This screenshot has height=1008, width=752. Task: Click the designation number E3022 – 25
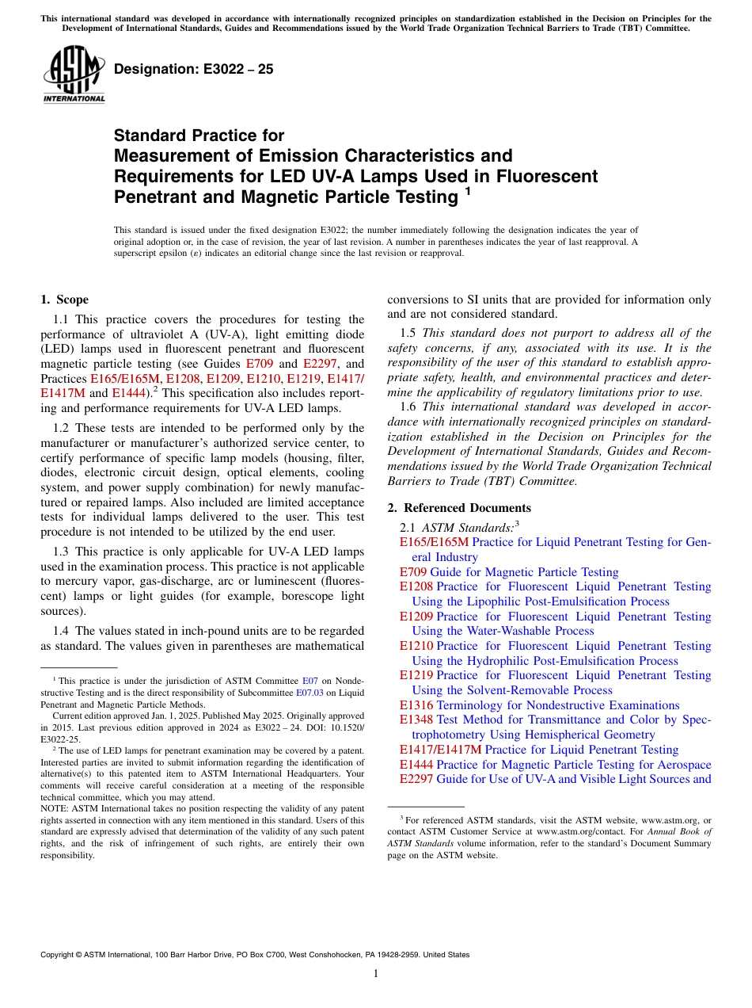(x=193, y=69)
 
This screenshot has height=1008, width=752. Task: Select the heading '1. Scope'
(x=64, y=300)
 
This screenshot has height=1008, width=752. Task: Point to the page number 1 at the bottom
(x=376, y=973)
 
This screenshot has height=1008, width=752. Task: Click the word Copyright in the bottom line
(x=60, y=955)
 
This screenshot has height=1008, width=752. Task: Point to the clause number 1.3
(x=62, y=552)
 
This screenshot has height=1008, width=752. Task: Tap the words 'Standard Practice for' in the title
(x=199, y=136)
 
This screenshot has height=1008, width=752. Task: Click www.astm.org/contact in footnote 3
(x=572, y=831)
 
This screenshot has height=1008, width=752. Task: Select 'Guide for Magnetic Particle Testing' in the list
(x=524, y=572)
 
